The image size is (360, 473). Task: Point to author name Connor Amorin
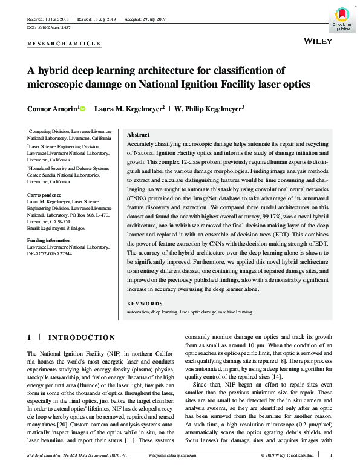pyautogui.click(x=52, y=109)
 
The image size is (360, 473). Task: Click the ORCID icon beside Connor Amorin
pyautogui.click(x=83, y=109)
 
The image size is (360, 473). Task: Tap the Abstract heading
pyautogui.click(x=139, y=135)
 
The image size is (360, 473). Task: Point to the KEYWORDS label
pyautogui.click(x=145, y=303)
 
